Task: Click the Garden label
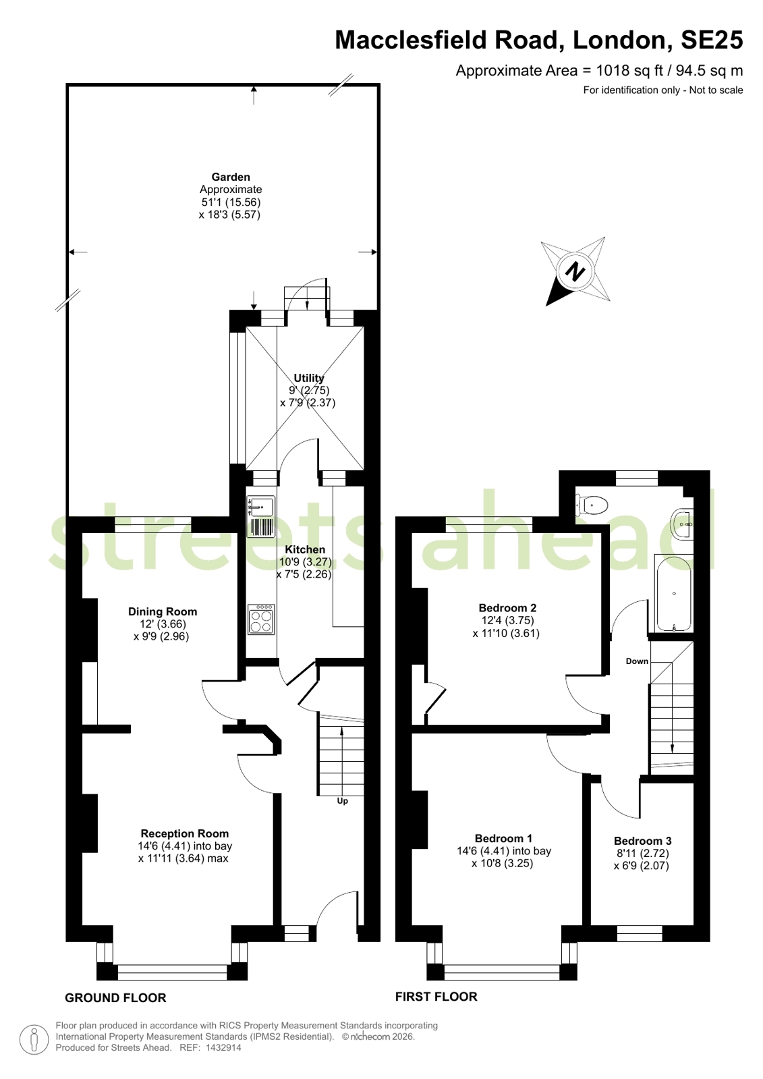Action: click(231, 177)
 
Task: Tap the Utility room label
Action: click(309, 378)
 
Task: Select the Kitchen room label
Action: click(305, 549)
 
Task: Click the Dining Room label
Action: click(163, 612)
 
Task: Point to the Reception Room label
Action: click(184, 833)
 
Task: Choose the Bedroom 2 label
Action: click(507, 608)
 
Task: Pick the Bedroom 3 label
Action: click(642, 841)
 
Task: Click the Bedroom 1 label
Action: click(503, 839)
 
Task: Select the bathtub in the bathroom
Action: click(673, 594)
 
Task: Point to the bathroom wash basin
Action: click(683, 523)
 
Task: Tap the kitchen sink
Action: click(261, 516)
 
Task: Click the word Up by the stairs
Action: click(342, 801)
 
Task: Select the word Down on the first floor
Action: click(637, 661)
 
